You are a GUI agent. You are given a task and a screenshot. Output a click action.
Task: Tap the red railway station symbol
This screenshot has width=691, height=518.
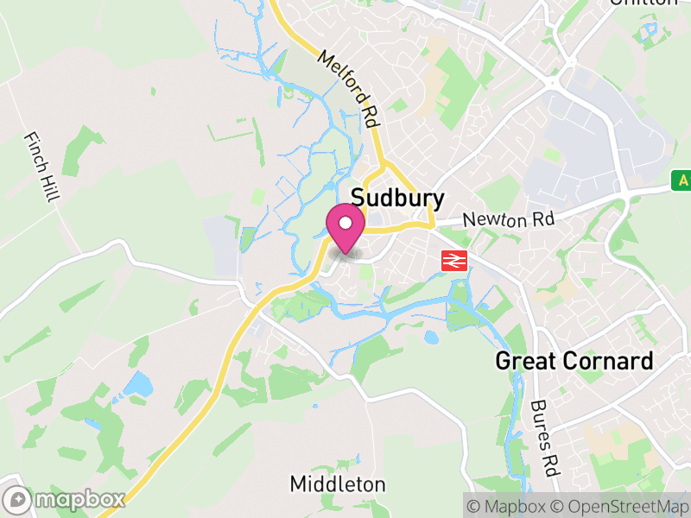453,261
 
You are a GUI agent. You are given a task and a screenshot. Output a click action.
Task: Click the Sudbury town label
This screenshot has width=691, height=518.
398,199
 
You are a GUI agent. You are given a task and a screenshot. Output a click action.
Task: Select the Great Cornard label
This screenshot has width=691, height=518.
574,361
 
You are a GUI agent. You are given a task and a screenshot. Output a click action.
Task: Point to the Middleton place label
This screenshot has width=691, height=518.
338,483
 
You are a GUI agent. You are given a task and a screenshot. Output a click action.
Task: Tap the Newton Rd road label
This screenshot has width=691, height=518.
508,220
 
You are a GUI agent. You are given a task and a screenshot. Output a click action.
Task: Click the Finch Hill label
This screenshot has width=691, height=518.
41,167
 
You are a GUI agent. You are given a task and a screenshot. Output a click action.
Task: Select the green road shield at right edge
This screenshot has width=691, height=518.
682,180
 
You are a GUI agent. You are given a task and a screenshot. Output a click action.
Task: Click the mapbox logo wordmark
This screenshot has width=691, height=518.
78,499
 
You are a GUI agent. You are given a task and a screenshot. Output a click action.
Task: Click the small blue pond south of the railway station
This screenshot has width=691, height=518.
431,338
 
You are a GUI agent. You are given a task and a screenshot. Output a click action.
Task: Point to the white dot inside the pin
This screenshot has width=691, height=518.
345,223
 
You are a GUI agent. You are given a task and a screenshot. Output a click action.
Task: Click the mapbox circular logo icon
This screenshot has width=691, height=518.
17,500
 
